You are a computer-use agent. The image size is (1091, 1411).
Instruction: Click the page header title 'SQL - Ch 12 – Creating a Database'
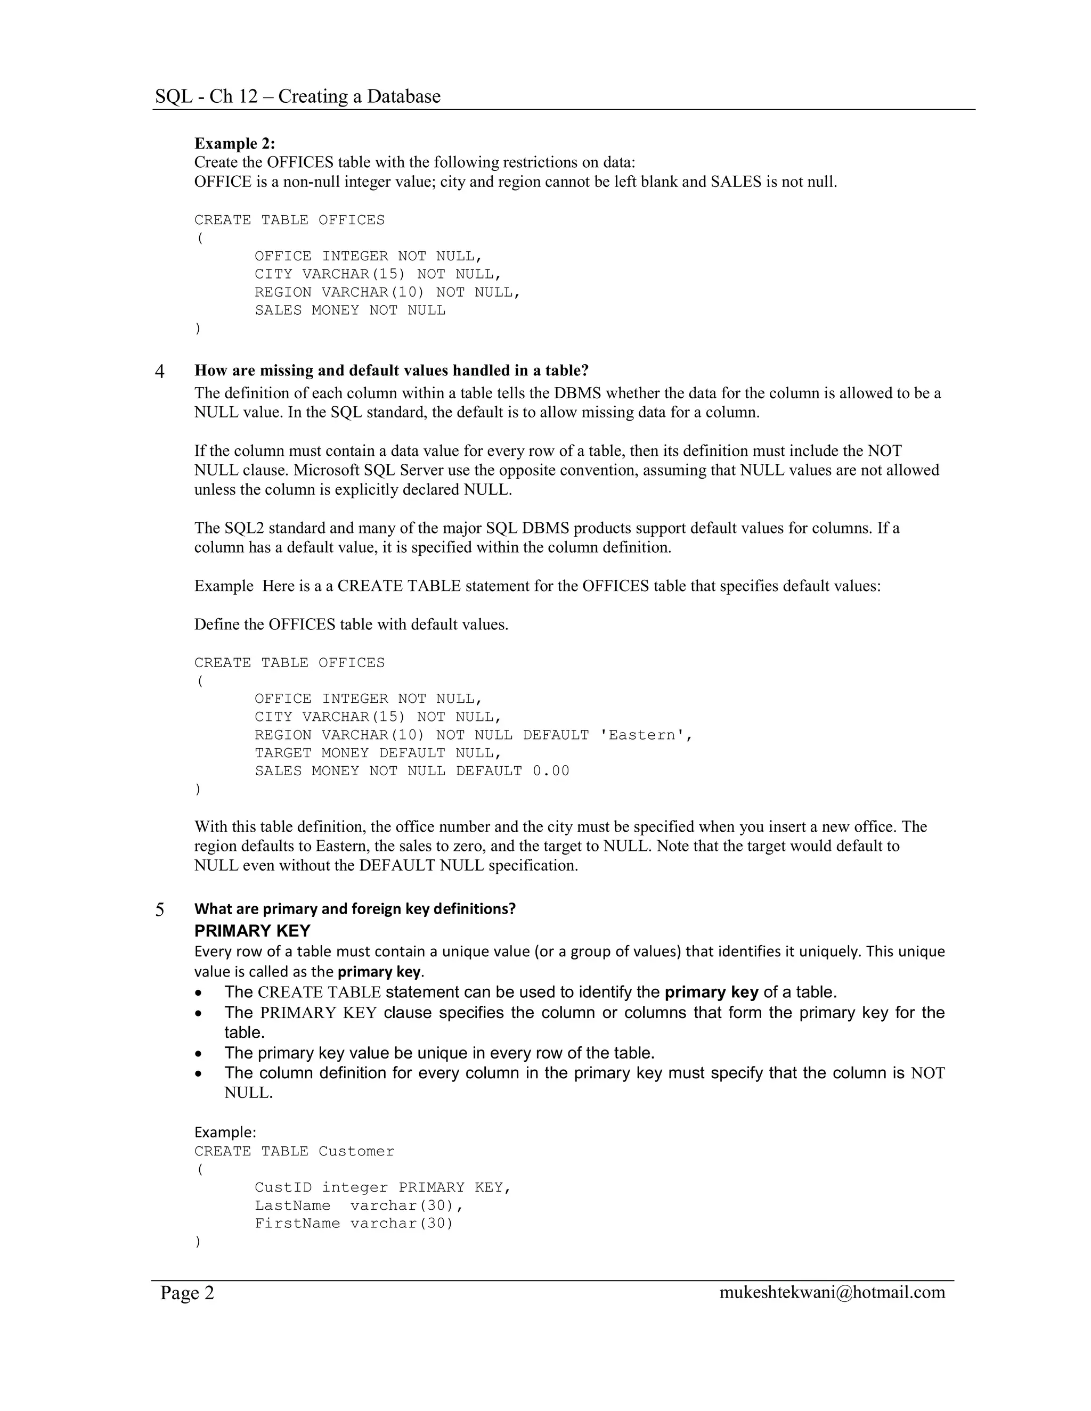pos(297,96)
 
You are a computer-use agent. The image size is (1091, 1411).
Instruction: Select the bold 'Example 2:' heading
pos(234,143)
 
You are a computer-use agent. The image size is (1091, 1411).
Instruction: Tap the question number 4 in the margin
pos(160,372)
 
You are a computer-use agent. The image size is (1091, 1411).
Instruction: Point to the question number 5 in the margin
pos(160,910)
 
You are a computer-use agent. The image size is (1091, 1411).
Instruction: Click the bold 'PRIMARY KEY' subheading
pos(252,931)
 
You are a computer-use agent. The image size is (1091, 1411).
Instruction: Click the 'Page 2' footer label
pos(187,1293)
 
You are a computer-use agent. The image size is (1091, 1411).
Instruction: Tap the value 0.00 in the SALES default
pos(551,772)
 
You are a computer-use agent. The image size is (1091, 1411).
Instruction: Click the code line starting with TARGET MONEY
pos(378,753)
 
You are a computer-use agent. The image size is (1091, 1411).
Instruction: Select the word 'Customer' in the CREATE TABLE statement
pos(356,1151)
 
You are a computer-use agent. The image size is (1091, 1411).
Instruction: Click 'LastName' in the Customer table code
pos(292,1205)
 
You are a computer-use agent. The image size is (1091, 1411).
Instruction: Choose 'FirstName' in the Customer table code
pos(297,1224)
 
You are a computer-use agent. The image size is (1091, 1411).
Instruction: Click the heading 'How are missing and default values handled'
pos(392,371)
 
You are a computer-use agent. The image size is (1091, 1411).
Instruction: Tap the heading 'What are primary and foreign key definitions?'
pos(355,909)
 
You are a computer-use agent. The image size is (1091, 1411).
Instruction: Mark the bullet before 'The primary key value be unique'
pos(200,1053)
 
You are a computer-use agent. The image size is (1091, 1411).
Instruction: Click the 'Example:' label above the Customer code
pos(225,1132)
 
